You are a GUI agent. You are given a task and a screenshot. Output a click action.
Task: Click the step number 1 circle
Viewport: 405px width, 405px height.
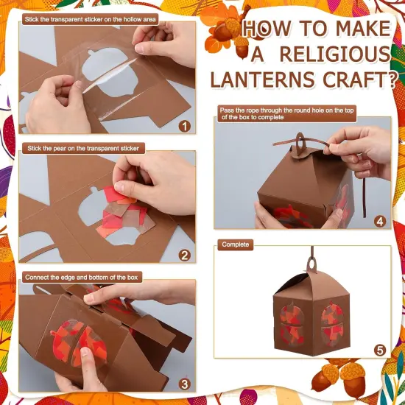[184, 125]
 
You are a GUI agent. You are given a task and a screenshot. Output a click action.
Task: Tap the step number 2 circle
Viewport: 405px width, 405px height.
[184, 256]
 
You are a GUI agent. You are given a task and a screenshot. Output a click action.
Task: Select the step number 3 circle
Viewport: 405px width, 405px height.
[184, 383]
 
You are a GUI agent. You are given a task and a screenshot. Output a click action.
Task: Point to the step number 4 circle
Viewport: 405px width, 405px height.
[379, 219]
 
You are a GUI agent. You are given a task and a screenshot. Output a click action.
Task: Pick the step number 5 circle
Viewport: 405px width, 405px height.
[379, 350]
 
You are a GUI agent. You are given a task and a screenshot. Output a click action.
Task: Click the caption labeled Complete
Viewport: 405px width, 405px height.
[235, 244]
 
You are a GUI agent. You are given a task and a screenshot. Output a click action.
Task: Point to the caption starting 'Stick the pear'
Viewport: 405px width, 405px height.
[82, 148]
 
